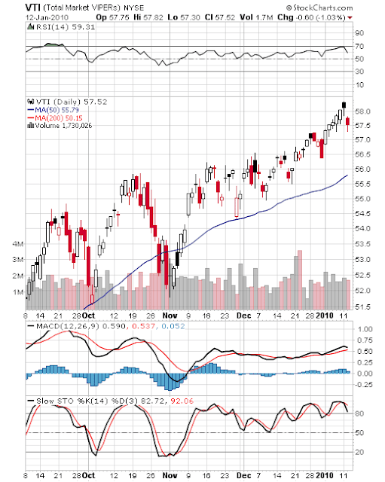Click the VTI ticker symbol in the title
tap(33, 8)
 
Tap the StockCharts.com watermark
tap(319, 8)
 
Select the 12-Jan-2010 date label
tap(47, 17)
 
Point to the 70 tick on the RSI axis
tap(359, 46)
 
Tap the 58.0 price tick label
tap(362, 111)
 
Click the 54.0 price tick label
tap(362, 228)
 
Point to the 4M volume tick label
tap(18, 244)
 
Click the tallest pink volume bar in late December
tap(300, 279)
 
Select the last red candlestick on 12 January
tap(348, 120)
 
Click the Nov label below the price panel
tap(170, 316)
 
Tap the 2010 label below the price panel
tap(325, 316)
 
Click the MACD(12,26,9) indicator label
tap(68, 326)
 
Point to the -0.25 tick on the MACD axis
tap(364, 385)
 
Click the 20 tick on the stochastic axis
tap(359, 452)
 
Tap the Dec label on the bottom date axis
tap(243, 475)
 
